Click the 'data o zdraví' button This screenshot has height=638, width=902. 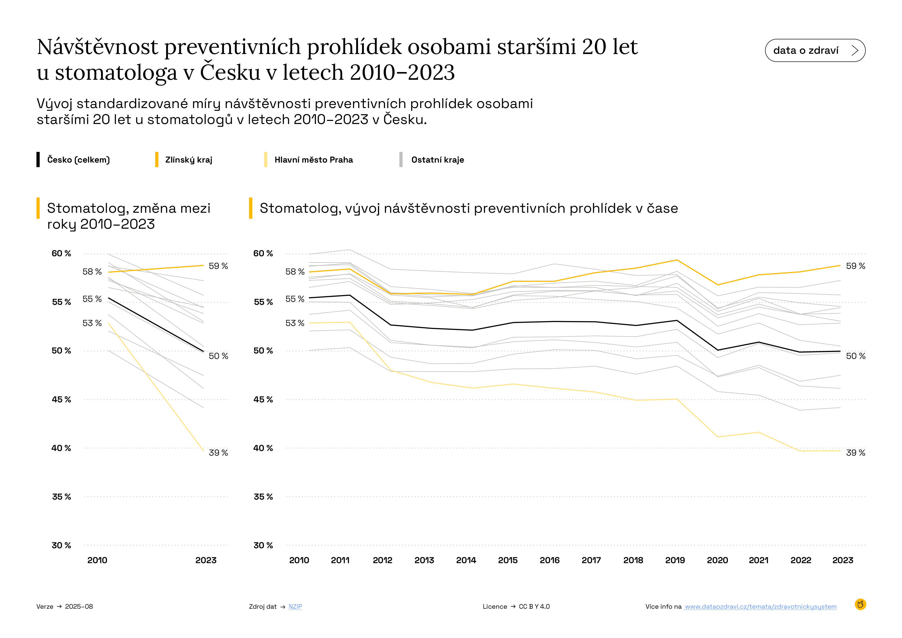click(x=815, y=50)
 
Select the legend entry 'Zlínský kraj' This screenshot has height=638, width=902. click(x=189, y=160)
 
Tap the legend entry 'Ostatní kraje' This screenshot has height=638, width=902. click(x=437, y=160)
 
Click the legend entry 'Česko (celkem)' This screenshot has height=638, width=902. click(x=78, y=160)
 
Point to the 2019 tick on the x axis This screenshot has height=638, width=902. click(x=675, y=560)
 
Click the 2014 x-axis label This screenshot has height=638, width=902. click(x=466, y=560)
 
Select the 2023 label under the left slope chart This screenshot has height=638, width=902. click(x=206, y=560)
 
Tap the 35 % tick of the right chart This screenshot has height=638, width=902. click(x=263, y=497)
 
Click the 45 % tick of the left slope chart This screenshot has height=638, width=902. click(x=61, y=400)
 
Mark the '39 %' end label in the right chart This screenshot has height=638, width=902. click(x=855, y=453)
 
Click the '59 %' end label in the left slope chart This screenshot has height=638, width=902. click(x=218, y=266)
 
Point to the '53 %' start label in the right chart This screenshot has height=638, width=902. click(x=295, y=323)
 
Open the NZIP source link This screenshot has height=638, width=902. click(x=295, y=607)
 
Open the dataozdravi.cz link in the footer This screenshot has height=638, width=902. click(x=760, y=607)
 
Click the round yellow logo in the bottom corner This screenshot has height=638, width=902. click(x=860, y=604)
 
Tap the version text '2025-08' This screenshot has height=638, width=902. click(x=79, y=607)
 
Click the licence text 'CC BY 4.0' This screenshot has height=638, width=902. click(x=534, y=607)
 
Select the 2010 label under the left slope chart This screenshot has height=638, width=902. click(x=97, y=560)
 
